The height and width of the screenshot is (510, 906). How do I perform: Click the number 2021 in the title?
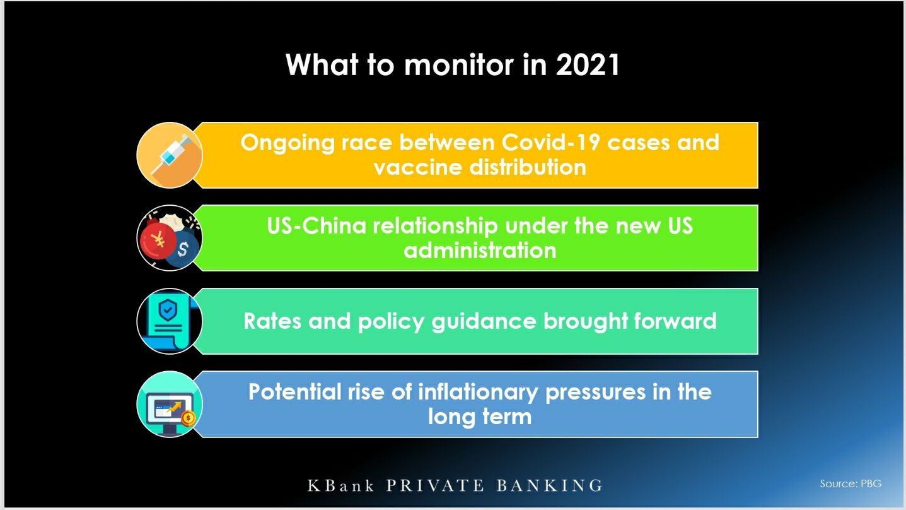point(587,65)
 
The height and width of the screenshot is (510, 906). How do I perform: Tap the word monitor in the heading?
point(458,65)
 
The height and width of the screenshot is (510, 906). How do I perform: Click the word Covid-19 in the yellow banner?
point(550,143)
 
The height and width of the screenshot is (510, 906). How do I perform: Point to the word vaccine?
point(417,167)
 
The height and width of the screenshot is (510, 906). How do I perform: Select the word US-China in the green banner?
point(317,226)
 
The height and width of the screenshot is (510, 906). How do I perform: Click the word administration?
point(480,251)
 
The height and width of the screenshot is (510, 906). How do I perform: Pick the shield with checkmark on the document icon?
point(168,311)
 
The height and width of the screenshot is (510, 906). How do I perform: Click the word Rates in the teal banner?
point(272,321)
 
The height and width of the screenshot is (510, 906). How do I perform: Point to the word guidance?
point(484,322)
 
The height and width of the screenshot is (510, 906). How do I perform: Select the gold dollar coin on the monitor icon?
point(188,418)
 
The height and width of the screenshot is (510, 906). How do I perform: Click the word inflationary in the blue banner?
point(478,393)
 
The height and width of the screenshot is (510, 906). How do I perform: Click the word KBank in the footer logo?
point(340,485)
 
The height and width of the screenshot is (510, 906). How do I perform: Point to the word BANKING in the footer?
point(550,485)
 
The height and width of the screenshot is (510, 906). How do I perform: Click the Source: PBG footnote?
point(851,483)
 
